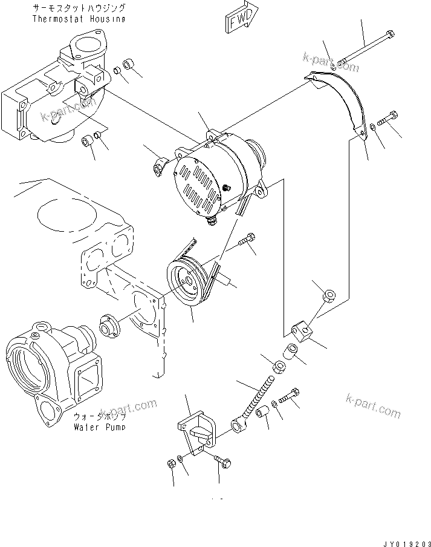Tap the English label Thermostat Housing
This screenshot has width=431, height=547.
(x=79, y=19)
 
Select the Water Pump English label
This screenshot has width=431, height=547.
(x=100, y=426)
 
